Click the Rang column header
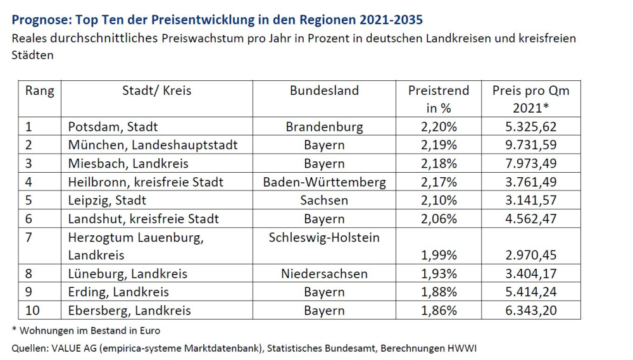point(39,90)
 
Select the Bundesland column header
point(324,90)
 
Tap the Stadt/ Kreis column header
point(156,90)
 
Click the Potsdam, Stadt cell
point(113,127)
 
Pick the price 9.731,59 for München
point(531,145)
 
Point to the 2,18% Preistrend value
point(439,163)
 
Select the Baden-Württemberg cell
point(324,182)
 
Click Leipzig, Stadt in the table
point(107,201)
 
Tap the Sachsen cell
point(324,201)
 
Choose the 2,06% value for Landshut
point(439,219)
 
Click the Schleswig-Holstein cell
point(324,237)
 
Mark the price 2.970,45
point(531,256)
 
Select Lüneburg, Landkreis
point(127,274)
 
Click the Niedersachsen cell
point(324,274)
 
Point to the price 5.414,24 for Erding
point(531,292)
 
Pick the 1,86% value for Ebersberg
point(439,311)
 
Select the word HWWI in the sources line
point(465,349)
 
